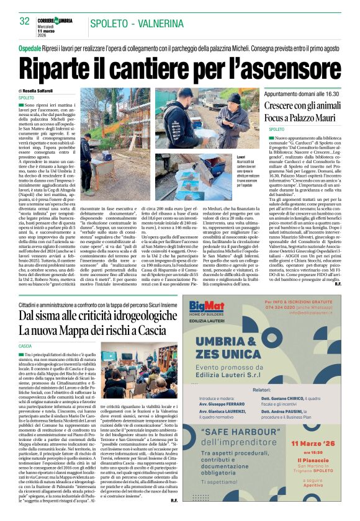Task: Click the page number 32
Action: pos(25,21)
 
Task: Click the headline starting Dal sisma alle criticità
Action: pos(99,316)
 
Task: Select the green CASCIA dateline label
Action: pos(25,345)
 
